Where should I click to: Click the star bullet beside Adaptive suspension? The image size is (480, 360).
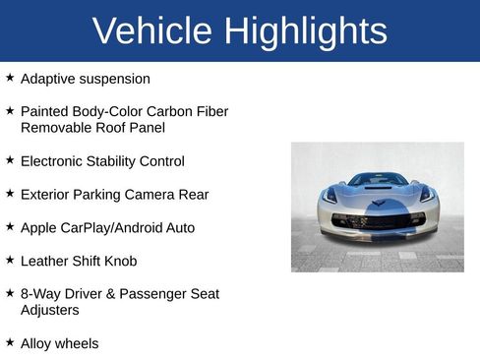[x=10, y=77]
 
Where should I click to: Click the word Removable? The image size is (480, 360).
[x=55, y=128]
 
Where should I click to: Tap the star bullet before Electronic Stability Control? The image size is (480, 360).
[x=10, y=159]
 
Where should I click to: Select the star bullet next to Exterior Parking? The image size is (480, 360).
[x=10, y=193]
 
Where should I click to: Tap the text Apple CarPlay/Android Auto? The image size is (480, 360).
[x=107, y=228]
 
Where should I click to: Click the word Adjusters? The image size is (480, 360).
[x=53, y=310]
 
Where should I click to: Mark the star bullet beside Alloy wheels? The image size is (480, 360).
[x=10, y=342]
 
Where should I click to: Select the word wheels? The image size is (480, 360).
[x=78, y=344]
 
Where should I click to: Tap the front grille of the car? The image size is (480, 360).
[x=378, y=221]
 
